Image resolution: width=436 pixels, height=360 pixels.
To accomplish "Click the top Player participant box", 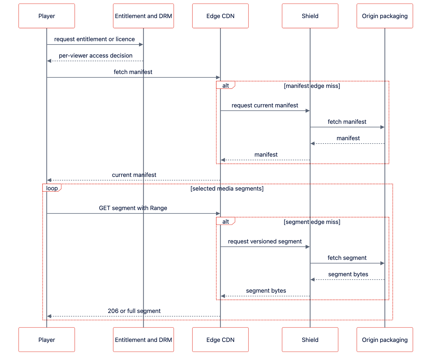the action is click(x=46, y=16).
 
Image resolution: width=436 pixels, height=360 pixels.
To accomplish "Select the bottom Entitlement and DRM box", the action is click(x=143, y=339).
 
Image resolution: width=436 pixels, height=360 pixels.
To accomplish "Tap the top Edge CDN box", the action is click(x=220, y=16).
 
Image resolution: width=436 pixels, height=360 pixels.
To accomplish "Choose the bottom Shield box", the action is click(x=310, y=339).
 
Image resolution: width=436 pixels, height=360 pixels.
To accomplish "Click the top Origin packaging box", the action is click(x=385, y=16).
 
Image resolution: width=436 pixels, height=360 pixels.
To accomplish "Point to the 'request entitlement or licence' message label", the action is click(x=94, y=39).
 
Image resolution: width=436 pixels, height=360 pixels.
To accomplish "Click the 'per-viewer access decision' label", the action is click(x=95, y=56).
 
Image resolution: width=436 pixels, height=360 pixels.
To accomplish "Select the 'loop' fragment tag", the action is click(x=52, y=188).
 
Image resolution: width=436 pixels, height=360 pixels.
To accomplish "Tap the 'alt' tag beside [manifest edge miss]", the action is click(x=226, y=85).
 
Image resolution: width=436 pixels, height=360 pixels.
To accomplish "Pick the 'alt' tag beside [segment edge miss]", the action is click(x=226, y=221).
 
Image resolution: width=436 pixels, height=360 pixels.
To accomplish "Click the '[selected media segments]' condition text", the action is click(x=227, y=188).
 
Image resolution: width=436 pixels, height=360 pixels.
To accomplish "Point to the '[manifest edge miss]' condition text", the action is click(x=312, y=86).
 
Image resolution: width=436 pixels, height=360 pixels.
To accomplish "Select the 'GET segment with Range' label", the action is click(x=133, y=208).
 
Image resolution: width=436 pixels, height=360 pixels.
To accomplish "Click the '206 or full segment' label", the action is click(x=134, y=311).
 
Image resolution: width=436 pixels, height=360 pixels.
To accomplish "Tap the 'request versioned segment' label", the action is click(x=264, y=241).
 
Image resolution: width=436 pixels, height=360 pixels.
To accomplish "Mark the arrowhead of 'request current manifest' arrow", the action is click(x=308, y=111).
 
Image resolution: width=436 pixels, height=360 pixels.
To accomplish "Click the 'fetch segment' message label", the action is click(x=347, y=258).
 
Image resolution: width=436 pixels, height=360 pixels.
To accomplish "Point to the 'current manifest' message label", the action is click(x=134, y=175).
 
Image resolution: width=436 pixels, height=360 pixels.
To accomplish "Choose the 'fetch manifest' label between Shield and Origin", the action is click(x=347, y=122).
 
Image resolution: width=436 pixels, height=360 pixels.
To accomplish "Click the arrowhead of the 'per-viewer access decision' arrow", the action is click(x=49, y=61).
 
